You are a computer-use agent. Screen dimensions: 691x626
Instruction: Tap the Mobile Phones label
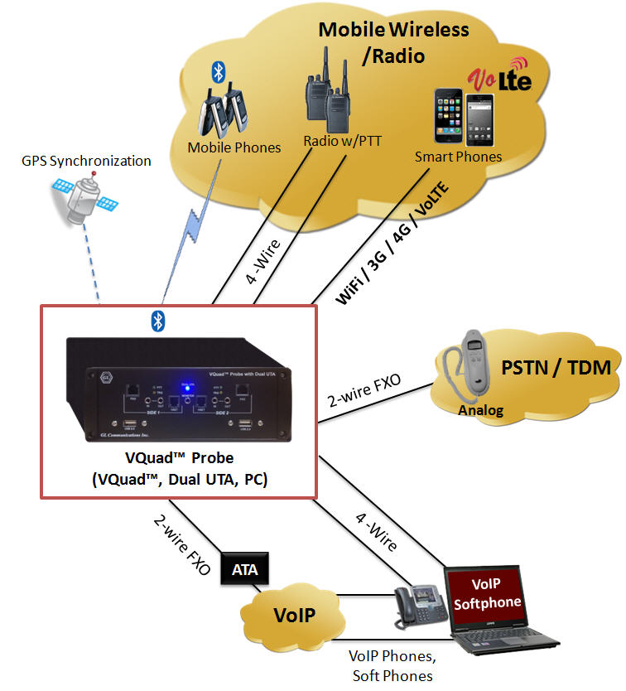pyautogui.click(x=234, y=147)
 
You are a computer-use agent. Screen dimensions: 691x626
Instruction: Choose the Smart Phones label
pyautogui.click(x=459, y=156)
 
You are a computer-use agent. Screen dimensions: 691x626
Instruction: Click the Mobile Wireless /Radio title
pyautogui.click(x=394, y=43)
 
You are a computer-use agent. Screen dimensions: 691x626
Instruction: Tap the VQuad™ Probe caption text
pyautogui.click(x=178, y=458)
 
